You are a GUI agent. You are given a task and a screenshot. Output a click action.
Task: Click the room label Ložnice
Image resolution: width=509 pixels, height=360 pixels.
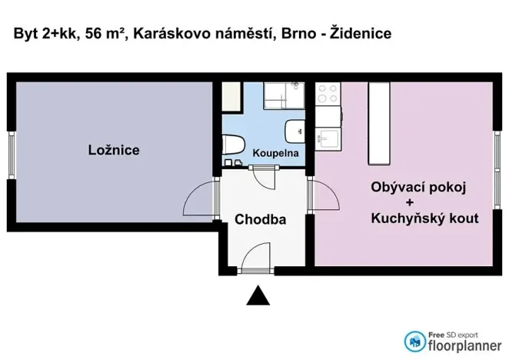tap(113, 150)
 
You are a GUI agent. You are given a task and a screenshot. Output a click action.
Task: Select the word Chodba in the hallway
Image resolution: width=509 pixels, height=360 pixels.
tap(260, 219)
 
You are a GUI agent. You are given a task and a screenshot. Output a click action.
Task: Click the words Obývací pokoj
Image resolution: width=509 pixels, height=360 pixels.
tap(419, 187)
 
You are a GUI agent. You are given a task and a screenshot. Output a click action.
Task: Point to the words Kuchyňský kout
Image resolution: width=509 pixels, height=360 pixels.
tap(424, 218)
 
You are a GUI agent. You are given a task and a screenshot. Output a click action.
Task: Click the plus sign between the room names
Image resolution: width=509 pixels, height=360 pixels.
tap(419, 203)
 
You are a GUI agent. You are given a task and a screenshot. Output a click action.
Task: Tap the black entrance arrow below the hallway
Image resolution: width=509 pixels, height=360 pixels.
tap(260, 295)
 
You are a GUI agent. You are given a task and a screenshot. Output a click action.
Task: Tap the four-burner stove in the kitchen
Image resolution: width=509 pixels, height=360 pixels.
tap(328, 93)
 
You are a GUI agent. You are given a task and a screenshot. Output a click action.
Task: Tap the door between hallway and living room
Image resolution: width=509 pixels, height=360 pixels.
tap(324, 197)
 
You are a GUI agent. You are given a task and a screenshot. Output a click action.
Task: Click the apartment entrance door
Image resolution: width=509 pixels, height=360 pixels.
tap(256, 257)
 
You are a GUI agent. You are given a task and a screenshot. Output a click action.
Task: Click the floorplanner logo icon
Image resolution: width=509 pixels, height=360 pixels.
tap(415, 341)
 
